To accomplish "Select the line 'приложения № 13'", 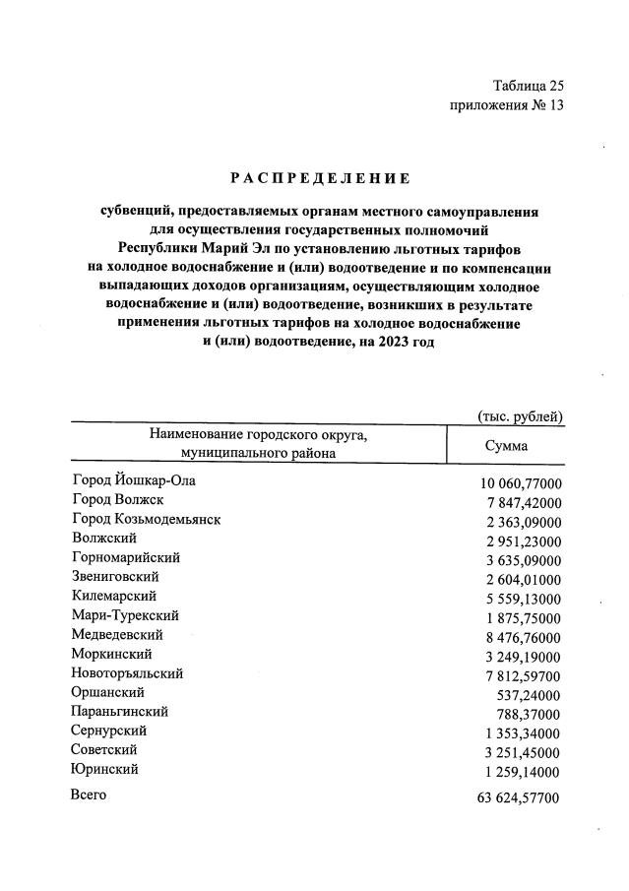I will coord(506,105).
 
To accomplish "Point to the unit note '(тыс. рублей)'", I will coord(520,416).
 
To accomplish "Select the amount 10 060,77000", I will coord(520,483).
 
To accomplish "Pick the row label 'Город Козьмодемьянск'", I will coord(146,519).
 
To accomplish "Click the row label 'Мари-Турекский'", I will coord(124,615).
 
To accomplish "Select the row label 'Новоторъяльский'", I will coord(127,673).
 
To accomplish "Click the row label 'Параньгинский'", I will coord(119,711).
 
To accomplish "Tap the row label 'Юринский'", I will coord(104,769).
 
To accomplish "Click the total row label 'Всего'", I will coord(89,795).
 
